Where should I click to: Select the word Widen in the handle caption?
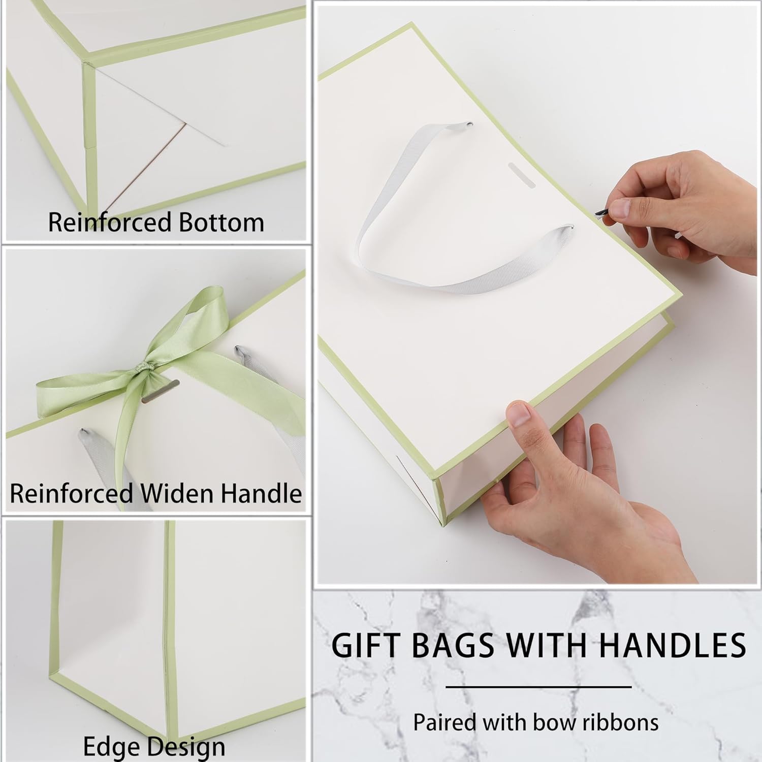175,493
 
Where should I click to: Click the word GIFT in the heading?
365,645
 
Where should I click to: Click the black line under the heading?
538,687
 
